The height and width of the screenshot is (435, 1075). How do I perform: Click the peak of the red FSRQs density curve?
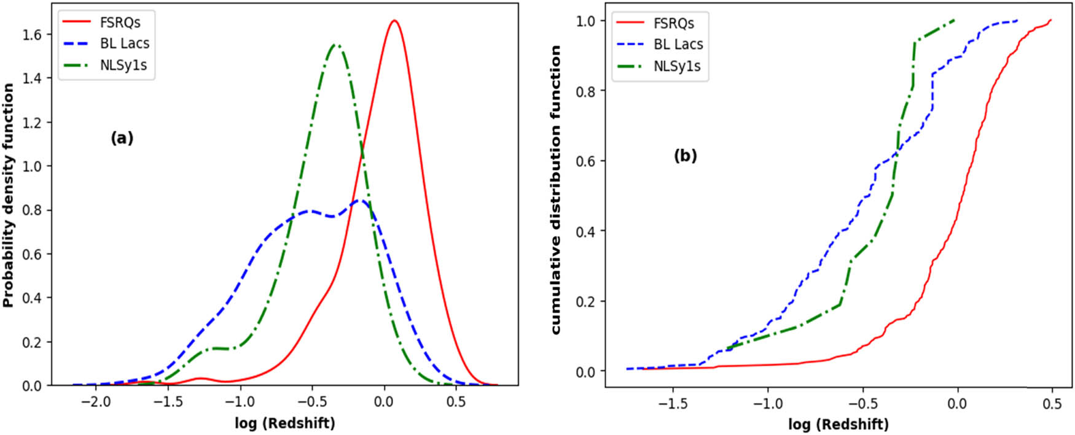pos(394,21)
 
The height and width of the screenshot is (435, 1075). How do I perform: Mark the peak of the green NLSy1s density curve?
pos(335,45)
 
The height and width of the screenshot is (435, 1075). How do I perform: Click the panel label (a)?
pos(122,138)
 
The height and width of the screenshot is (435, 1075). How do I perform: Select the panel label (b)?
pos(685,156)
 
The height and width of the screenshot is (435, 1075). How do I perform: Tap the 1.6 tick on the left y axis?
pos(33,34)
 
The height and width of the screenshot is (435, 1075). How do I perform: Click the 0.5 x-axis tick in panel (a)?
pos(455,402)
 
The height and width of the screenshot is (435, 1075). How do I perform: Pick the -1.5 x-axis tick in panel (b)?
pos(673,404)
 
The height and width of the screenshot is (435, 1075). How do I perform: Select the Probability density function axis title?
pos(9,195)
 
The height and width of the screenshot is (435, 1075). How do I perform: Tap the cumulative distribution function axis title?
pos(556,190)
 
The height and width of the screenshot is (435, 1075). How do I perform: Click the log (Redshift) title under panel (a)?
pos(285,423)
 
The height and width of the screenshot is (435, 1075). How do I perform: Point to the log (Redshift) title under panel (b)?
pos(838,424)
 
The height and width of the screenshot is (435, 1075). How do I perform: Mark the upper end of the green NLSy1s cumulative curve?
pos(955,20)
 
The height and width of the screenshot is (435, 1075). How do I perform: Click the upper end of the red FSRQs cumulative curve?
pos(1051,20)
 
